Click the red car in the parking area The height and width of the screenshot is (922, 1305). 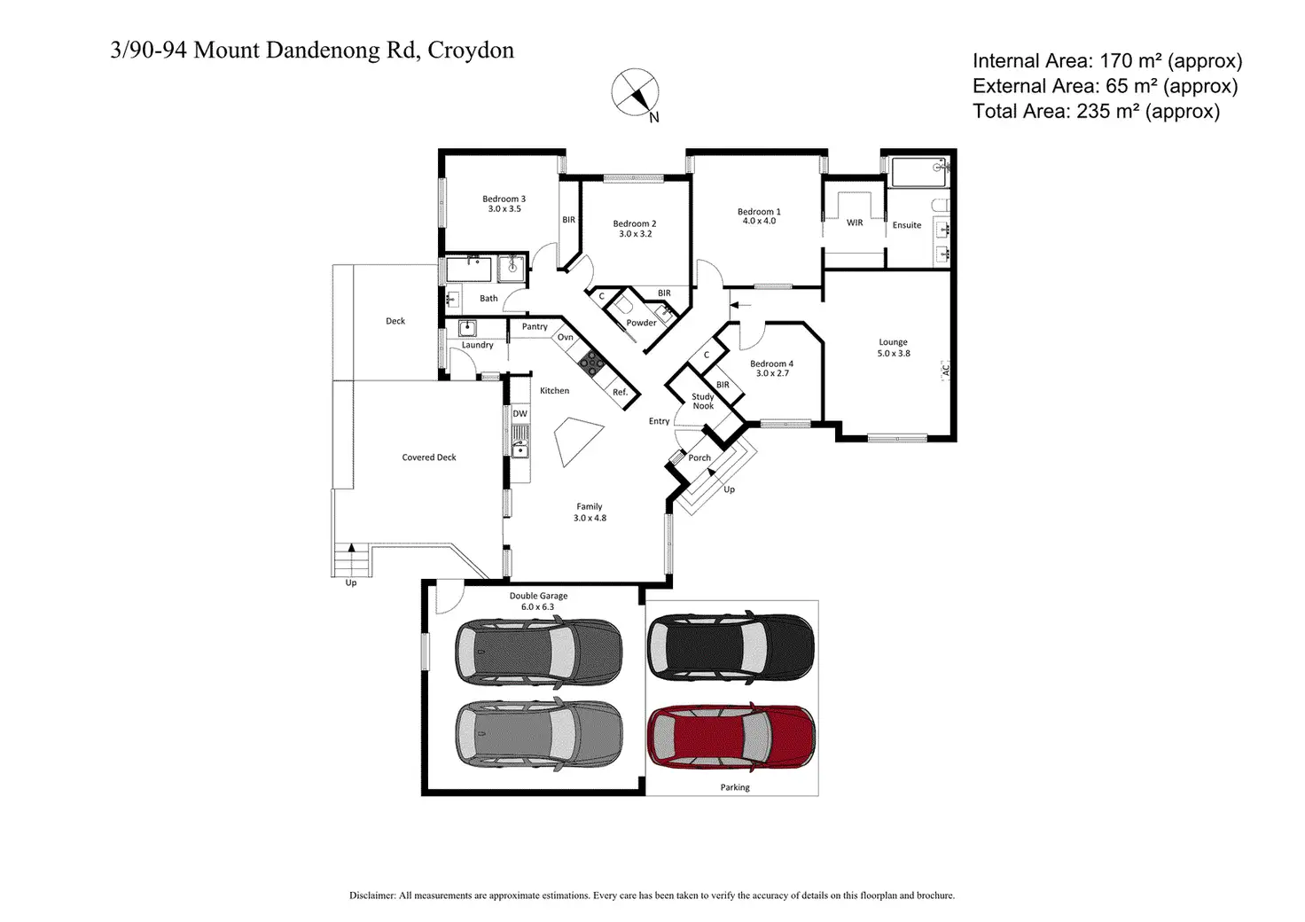(x=731, y=737)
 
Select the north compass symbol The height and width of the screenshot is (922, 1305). (x=635, y=92)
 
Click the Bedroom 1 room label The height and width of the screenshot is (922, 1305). (x=759, y=211)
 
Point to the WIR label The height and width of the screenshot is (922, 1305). (x=855, y=223)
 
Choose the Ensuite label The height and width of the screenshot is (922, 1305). (x=907, y=225)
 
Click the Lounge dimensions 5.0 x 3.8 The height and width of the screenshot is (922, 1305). (x=894, y=353)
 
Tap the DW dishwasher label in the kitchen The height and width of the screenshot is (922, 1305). (x=520, y=413)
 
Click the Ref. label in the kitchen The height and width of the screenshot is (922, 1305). (x=620, y=392)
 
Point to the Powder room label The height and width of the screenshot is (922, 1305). (x=642, y=323)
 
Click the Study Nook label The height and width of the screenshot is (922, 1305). (x=703, y=402)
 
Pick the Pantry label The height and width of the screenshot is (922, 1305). (x=535, y=327)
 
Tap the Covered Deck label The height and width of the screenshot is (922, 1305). (x=429, y=457)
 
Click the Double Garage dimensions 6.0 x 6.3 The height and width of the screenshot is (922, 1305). (x=538, y=606)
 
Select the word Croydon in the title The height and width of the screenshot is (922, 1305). (x=471, y=51)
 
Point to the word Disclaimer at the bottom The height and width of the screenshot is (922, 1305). (x=372, y=895)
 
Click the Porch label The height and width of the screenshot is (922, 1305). (x=699, y=457)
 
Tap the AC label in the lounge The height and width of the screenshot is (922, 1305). (x=946, y=370)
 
